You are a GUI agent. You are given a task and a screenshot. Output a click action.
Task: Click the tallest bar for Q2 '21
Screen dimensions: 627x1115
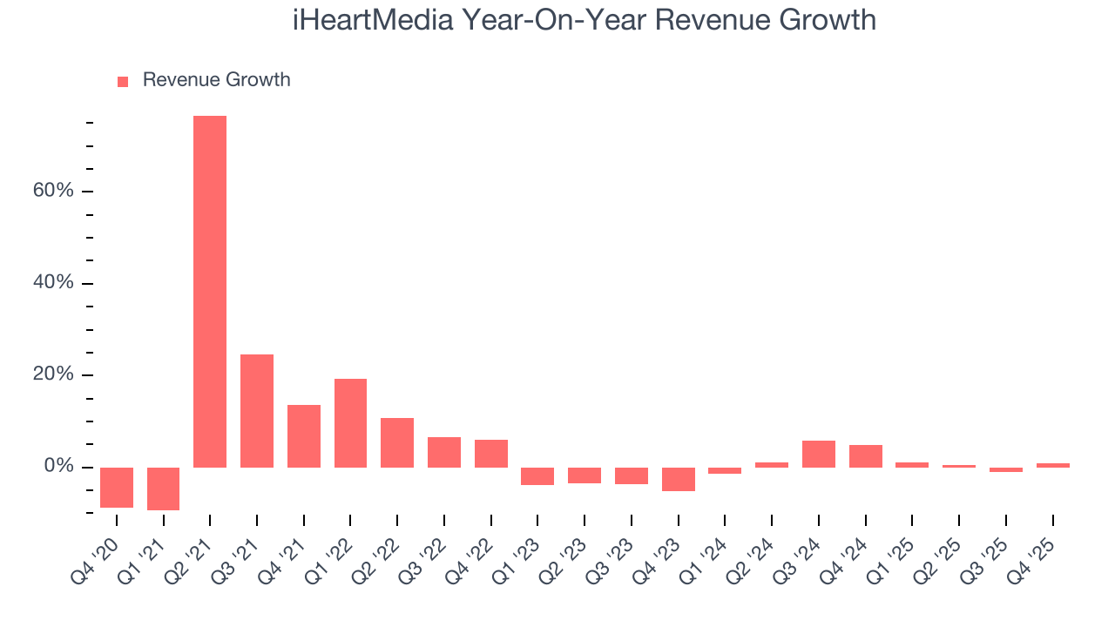pos(210,292)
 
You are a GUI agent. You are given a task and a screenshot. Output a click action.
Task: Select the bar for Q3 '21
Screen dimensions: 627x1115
pos(257,411)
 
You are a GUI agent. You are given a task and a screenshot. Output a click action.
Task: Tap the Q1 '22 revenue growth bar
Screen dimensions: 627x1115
pos(350,423)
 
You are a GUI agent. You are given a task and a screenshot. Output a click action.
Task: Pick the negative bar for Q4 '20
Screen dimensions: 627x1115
pos(117,488)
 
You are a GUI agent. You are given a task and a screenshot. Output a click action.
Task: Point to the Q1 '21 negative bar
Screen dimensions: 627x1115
pos(163,489)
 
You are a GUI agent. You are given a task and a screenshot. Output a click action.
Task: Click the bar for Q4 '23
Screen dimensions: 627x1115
pos(679,479)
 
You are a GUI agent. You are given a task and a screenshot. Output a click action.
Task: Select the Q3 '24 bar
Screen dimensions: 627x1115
pos(819,454)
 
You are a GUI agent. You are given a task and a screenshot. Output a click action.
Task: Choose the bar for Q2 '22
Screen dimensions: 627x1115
pos(397,442)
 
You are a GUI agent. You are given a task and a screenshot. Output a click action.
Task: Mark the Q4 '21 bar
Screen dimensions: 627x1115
pos(304,436)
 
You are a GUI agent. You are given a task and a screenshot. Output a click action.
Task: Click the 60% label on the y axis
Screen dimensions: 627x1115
pos(53,191)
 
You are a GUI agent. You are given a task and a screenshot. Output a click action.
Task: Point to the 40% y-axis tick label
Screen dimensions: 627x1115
pos(53,283)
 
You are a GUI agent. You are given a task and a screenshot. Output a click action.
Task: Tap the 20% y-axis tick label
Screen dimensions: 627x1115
pos(53,374)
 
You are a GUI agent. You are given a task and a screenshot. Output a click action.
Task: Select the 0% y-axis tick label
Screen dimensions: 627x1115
pos(58,467)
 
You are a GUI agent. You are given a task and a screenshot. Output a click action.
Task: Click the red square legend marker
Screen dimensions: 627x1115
pos(123,81)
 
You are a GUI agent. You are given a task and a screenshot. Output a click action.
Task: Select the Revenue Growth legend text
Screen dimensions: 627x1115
pos(216,80)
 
